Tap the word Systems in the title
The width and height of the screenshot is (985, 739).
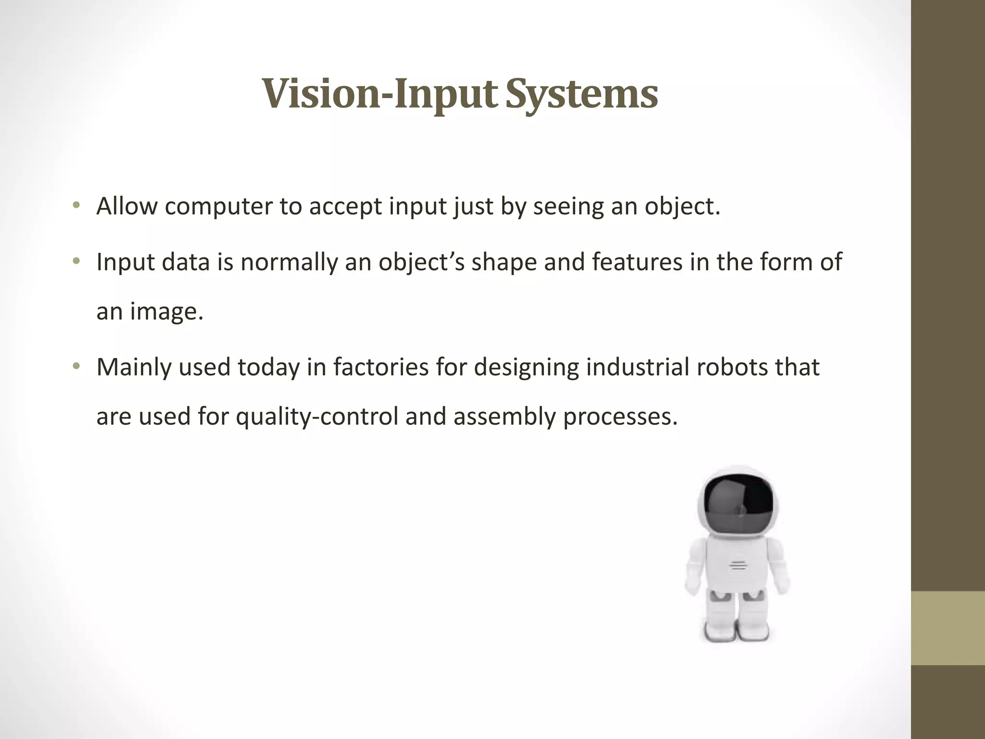click(x=582, y=94)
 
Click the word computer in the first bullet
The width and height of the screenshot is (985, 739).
click(x=218, y=206)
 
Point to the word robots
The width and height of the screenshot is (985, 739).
click(x=731, y=368)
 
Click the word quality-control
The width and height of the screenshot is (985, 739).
click(x=317, y=417)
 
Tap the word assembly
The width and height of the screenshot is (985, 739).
click(x=505, y=417)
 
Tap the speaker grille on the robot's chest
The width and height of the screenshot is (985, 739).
click(x=738, y=565)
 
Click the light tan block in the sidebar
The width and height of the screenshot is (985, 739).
click(x=948, y=628)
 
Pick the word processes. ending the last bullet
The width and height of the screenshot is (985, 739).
click(x=620, y=417)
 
